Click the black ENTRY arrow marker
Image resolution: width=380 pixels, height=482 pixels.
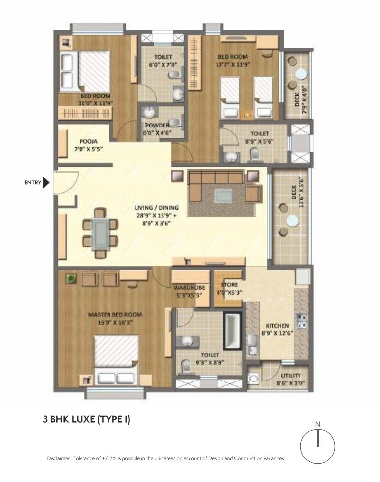[46, 182]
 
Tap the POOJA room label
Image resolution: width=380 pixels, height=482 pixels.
[88, 141]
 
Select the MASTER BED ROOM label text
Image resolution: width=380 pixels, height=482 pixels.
[115, 314]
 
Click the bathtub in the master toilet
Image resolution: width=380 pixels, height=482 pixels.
[232, 331]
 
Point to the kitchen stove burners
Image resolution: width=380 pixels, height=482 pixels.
[301, 321]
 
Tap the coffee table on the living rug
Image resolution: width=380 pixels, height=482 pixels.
[223, 195]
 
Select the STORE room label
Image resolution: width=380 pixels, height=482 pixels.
[229, 285]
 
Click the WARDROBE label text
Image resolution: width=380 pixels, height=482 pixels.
[189, 288]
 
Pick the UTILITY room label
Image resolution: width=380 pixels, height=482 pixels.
[291, 376]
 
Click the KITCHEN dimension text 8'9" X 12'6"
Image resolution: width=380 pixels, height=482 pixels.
[277, 333]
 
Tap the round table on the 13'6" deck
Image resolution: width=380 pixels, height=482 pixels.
[292, 220]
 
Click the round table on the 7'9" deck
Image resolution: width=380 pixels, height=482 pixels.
[301, 74]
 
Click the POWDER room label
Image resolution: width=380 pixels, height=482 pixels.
[158, 126]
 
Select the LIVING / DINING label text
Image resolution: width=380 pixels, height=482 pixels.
[157, 208]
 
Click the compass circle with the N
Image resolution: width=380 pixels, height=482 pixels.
[318, 446]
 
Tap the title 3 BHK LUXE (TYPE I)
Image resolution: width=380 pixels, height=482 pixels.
[86, 419]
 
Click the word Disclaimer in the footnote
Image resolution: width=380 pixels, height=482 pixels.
[58, 458]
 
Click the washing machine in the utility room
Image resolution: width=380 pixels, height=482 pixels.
[253, 379]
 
